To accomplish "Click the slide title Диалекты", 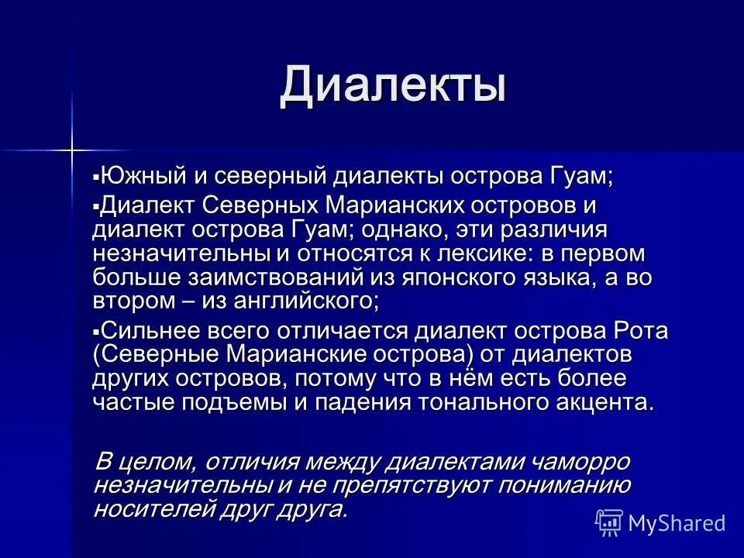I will pos(393,85).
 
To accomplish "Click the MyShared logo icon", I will pos(609,522).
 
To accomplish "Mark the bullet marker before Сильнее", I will pos(96,331).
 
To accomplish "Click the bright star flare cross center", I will pos(72,147).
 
